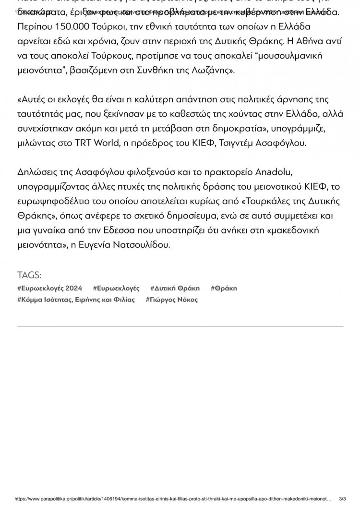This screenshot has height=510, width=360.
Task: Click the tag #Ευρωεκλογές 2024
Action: [49, 288]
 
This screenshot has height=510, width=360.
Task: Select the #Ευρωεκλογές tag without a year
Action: [116, 288]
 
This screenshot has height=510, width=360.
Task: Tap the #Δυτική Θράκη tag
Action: [175, 288]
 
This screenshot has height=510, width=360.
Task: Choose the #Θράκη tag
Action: [224, 288]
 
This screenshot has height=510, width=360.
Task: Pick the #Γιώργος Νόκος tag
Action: [171, 300]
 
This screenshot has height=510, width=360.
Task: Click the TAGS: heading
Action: [29, 275]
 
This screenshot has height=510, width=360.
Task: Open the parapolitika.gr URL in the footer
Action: [173, 499]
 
